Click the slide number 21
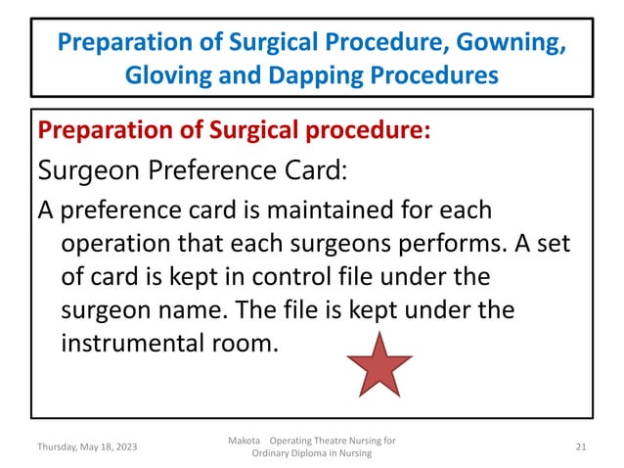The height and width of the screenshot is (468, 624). click(580, 446)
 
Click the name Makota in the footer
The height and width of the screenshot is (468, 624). click(243, 440)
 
